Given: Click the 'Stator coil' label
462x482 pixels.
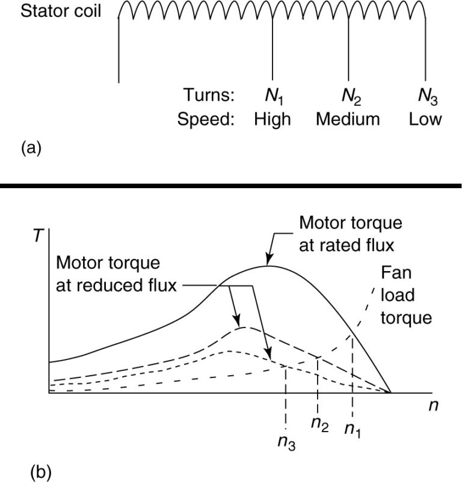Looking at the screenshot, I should point(59,12).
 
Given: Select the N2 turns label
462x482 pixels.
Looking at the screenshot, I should point(348,96).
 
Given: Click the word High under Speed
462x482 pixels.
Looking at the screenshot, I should point(272,119).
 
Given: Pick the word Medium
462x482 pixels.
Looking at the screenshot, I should point(348,119).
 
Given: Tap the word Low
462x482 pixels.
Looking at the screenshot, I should point(425,119).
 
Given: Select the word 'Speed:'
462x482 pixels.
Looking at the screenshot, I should point(206,119).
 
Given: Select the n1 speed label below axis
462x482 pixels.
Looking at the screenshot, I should point(353,429).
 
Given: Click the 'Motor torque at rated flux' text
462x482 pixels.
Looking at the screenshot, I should point(351,234).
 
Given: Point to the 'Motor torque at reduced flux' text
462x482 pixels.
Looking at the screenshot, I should point(117,274).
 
